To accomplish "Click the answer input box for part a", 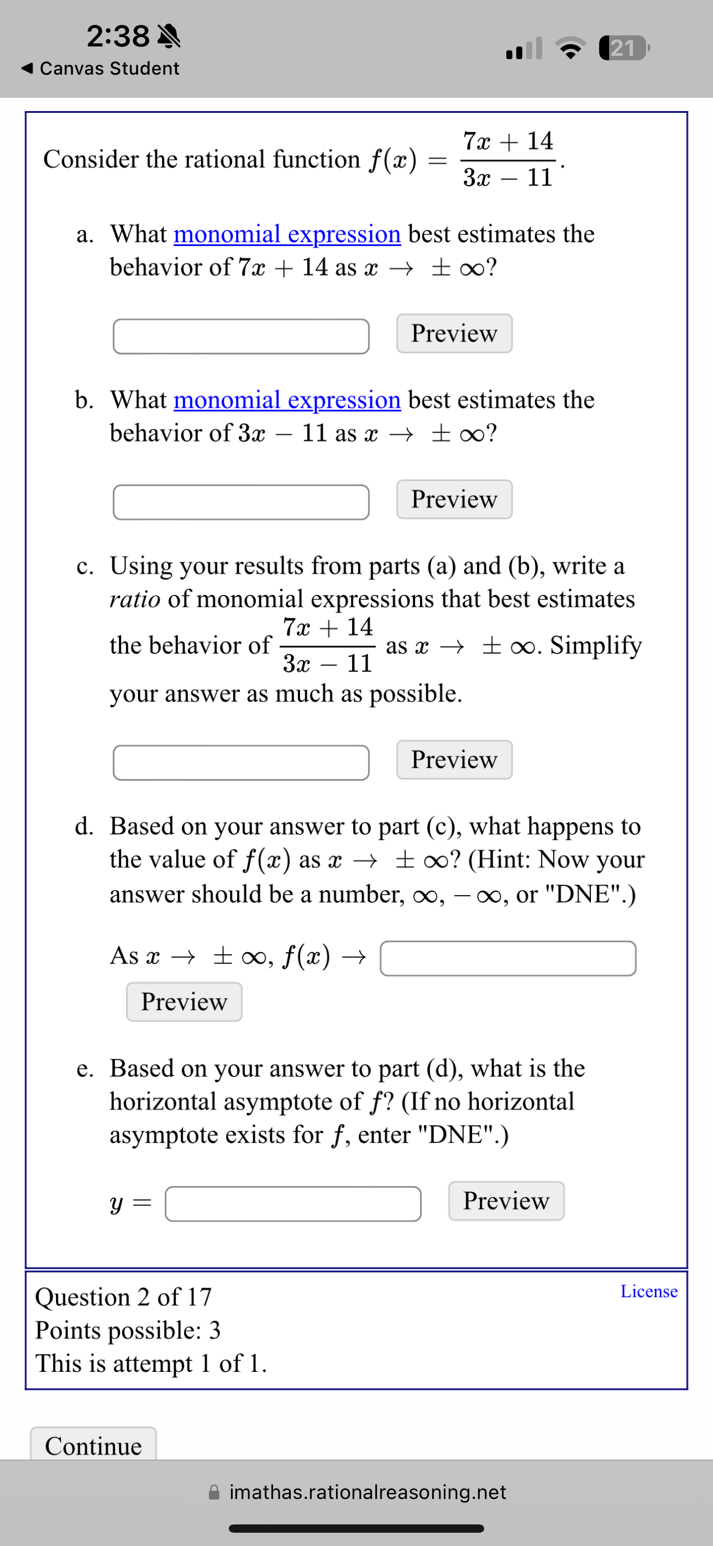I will tap(240, 336).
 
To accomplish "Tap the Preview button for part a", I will tap(454, 333).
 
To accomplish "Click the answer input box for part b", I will tap(240, 502).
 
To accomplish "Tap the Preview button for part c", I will tap(454, 759).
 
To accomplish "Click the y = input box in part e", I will tap(293, 1203).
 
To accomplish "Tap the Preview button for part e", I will tap(505, 1200).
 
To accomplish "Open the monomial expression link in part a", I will tap(287, 233).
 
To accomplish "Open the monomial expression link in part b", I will tap(287, 400).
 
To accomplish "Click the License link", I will tap(648, 1291).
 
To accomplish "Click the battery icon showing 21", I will tap(623, 48).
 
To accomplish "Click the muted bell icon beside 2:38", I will tap(169, 36).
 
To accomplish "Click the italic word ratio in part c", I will tap(134, 599).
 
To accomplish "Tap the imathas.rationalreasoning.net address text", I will tap(368, 1492).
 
